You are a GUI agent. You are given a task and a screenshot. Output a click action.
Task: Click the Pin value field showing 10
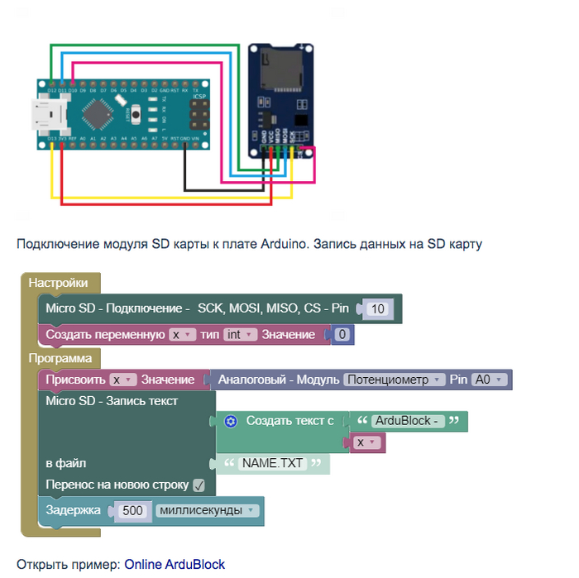pos(378,308)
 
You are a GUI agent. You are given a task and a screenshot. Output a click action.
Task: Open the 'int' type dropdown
pos(240,335)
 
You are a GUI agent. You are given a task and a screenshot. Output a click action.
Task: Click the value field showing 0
pos(342,335)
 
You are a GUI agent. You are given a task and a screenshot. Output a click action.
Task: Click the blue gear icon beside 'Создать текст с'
pos(231,421)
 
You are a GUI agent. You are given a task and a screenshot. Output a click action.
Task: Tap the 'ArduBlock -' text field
pos(407,421)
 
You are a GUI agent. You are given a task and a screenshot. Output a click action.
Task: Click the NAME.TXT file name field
pos(272,463)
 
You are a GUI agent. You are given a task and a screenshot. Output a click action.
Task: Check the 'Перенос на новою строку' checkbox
pos(199,485)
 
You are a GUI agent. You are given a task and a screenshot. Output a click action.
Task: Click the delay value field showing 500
pos(132,510)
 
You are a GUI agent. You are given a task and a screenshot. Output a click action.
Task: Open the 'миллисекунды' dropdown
pos(208,510)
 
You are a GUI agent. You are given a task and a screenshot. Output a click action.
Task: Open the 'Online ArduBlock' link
pos(175,564)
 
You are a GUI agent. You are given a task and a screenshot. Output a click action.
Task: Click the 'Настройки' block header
pos(58,283)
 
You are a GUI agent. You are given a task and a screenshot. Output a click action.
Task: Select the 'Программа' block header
pos(60,358)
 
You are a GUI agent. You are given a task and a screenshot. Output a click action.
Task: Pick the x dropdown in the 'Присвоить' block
pos(123,380)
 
